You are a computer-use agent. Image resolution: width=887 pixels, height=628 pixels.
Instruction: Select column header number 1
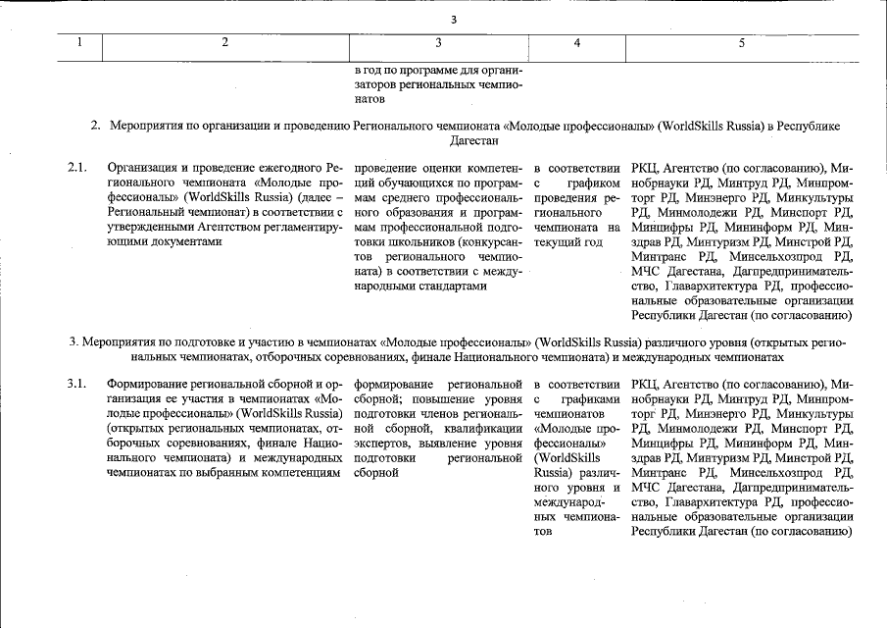pos(80,42)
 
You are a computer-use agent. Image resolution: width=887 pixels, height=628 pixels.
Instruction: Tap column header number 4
pos(577,42)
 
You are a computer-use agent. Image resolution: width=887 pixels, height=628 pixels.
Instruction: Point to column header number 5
pos(742,42)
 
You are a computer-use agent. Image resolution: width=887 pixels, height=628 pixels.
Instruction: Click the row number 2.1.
pos(77,168)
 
